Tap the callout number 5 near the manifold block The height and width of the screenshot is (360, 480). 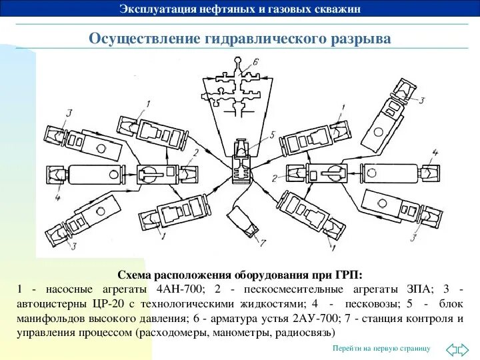tap(272, 135)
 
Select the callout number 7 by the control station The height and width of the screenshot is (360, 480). tap(264, 241)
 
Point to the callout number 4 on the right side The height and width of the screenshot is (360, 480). tap(435, 153)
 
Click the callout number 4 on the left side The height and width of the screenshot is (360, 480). tap(57, 198)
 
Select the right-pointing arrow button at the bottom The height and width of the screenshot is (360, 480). tap(467, 349)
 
